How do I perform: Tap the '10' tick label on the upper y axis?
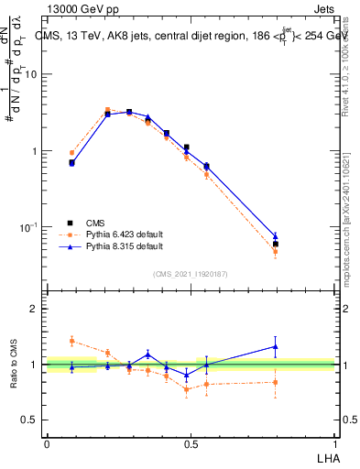pos(30,74)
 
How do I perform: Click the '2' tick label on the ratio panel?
pos(35,309)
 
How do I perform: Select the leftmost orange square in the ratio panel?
pos(71,341)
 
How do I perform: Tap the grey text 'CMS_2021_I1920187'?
pos(191,273)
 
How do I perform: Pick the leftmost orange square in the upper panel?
pos(71,153)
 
